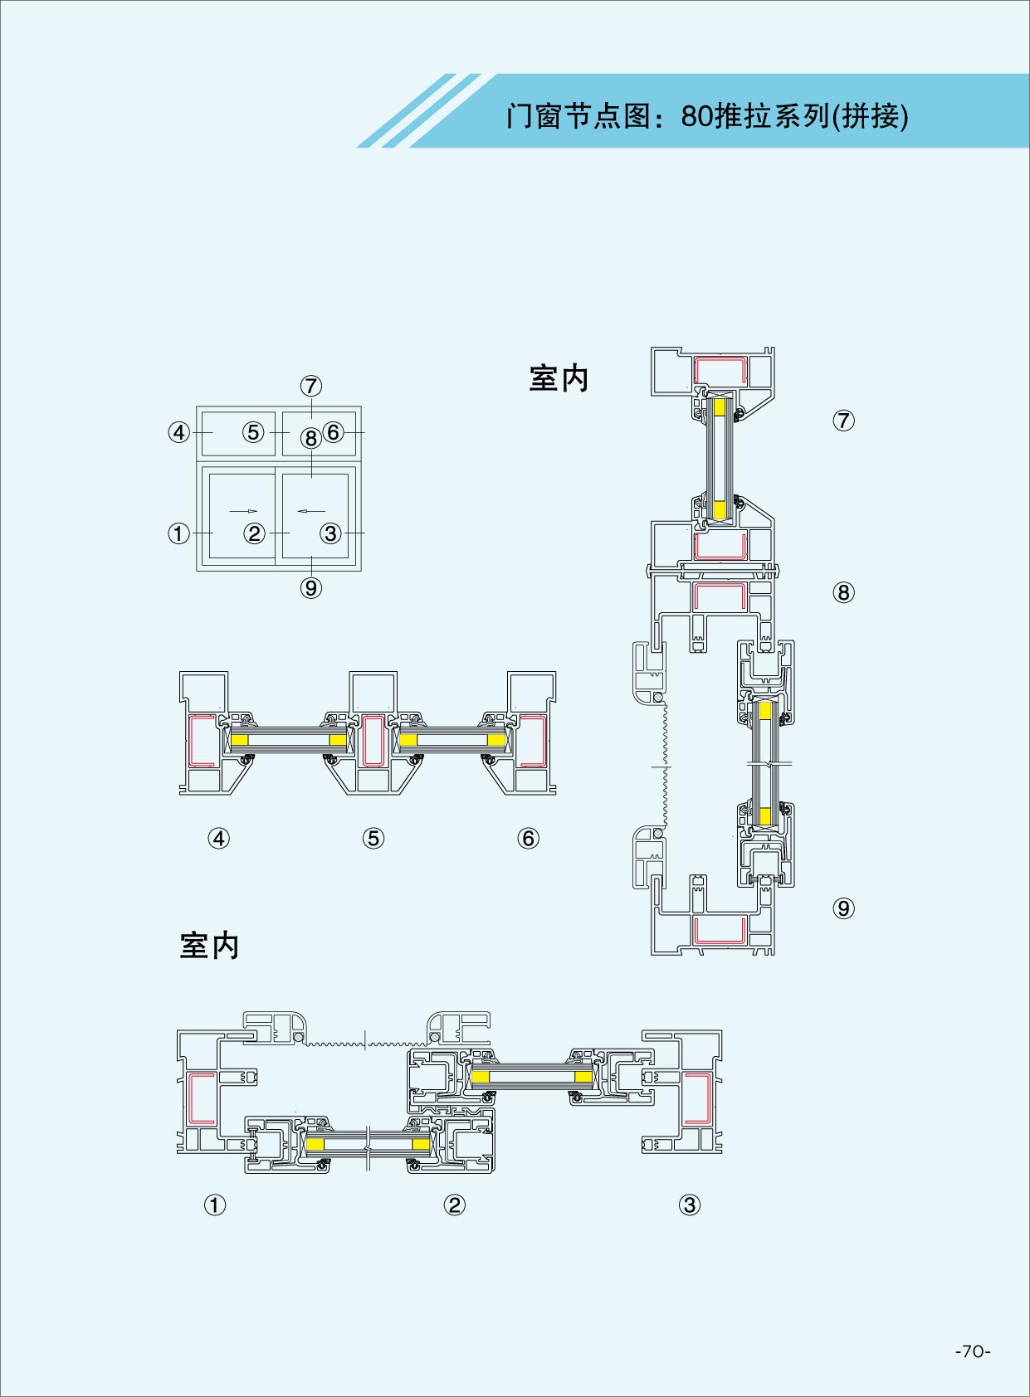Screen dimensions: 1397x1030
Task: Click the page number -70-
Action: [x=973, y=1351]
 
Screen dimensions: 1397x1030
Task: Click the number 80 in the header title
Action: [x=696, y=116]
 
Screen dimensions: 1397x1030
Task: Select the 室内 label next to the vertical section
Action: [x=559, y=379]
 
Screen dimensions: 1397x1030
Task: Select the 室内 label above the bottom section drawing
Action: [x=209, y=946]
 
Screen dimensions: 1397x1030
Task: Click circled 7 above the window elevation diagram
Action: [x=311, y=386]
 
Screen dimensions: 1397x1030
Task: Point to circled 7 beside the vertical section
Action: [x=843, y=421]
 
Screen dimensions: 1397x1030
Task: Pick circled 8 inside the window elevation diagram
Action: [x=310, y=438]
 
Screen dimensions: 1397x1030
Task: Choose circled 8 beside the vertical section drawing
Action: [x=843, y=592]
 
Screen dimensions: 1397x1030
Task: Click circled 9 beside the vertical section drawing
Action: [x=843, y=908]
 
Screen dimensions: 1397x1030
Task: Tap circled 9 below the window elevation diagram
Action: [x=310, y=588]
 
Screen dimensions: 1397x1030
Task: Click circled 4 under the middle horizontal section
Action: [x=218, y=839]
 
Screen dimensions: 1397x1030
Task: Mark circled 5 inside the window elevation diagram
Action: [x=254, y=432]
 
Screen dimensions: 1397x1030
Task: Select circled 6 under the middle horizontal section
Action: [x=528, y=839]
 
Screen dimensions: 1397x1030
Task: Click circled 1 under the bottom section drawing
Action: [x=214, y=1205]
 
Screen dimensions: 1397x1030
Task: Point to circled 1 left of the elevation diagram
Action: [x=178, y=533]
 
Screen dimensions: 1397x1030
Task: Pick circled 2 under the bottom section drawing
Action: [x=454, y=1205]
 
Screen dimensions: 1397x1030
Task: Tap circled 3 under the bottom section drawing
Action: [x=689, y=1205]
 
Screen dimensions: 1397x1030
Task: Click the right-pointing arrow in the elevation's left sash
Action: [x=243, y=511]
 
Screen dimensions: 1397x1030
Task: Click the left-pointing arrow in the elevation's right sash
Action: [x=311, y=511]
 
